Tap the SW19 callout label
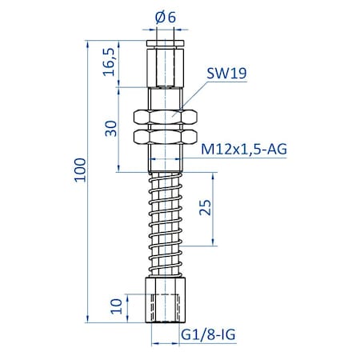pyautogui.click(x=226, y=74)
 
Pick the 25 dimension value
pyautogui.click(x=205, y=209)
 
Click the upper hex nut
pyautogui.click(x=166, y=117)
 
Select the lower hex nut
pyautogui.click(x=166, y=137)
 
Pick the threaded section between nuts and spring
pyautogui.click(x=166, y=158)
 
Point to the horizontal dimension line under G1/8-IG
pyautogui.click(x=172, y=343)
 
